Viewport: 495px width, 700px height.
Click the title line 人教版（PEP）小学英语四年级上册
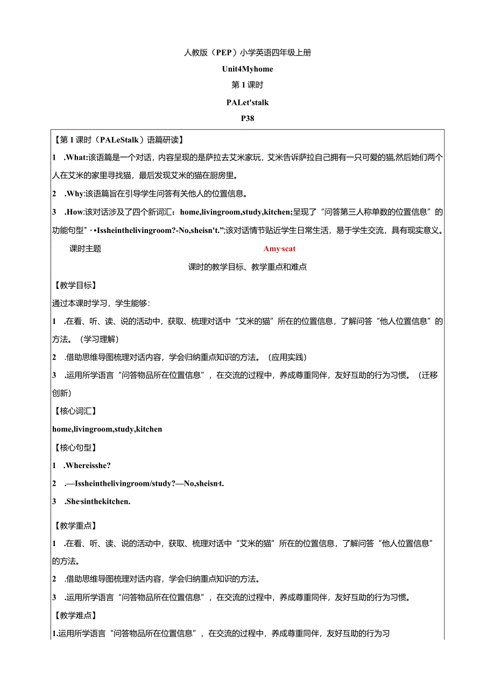point(247,53)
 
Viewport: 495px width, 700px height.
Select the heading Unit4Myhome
point(247,69)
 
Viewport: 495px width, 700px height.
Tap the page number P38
point(247,119)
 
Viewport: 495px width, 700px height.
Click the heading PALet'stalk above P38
point(247,102)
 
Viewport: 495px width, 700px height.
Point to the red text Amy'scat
point(279,249)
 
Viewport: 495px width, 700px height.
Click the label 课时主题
point(85,249)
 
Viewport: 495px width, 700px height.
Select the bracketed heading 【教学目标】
point(75,285)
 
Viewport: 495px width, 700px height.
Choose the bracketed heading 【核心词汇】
point(75,411)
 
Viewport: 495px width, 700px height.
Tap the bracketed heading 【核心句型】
point(75,447)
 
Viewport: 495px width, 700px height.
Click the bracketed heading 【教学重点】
point(75,525)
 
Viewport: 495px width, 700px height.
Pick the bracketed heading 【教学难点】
point(75,615)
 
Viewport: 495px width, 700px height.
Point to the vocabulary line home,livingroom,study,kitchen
point(107,429)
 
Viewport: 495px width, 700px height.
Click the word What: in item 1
point(76,158)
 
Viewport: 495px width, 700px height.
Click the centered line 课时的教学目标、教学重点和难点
point(247,267)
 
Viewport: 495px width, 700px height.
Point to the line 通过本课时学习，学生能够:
point(101,303)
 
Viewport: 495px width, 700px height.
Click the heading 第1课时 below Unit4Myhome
point(247,85)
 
